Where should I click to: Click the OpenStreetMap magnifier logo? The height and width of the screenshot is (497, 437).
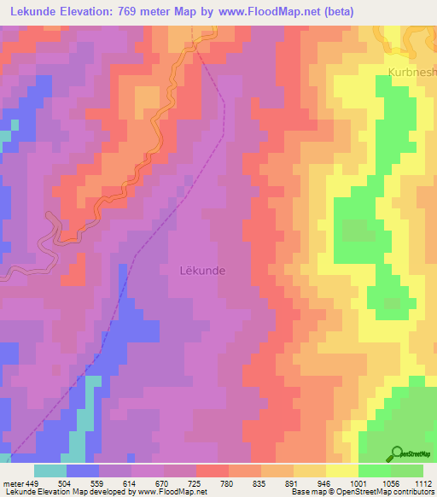396,453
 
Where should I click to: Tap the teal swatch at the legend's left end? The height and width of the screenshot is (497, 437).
50,470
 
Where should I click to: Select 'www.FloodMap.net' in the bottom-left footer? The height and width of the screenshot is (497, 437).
157,492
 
